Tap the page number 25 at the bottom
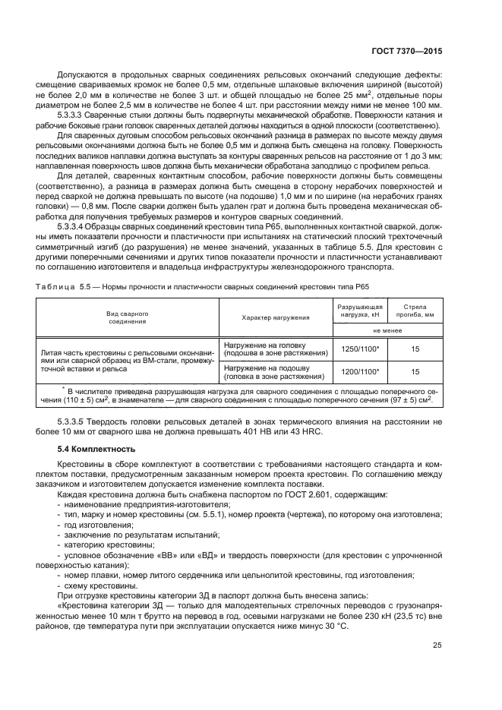437,645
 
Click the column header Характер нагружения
276,317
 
